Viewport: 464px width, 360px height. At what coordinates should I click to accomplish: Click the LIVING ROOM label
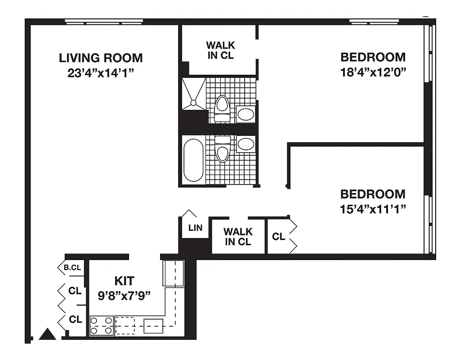point(101,58)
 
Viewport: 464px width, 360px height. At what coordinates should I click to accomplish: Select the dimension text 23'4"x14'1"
point(101,73)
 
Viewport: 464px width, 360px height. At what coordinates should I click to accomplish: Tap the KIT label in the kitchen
point(124,281)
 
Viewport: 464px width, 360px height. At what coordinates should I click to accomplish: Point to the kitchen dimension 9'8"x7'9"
point(124,296)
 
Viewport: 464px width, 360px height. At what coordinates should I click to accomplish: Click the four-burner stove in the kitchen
point(101,326)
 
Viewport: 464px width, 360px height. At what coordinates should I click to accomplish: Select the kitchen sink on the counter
point(153,325)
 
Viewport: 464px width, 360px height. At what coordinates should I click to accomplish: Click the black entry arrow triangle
point(47,334)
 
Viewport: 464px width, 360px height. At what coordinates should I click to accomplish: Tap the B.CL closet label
point(72,267)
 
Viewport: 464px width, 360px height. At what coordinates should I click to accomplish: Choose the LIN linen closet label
point(195,228)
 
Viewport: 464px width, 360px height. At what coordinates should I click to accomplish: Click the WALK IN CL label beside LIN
point(238,237)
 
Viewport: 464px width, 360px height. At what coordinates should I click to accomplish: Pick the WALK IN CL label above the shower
point(220,50)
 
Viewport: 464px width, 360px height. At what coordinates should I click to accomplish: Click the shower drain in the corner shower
point(193,103)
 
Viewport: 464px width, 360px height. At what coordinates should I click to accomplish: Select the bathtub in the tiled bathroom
point(193,160)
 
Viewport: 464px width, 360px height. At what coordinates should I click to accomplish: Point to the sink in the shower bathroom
point(245,114)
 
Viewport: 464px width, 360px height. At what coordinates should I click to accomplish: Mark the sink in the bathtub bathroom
point(245,144)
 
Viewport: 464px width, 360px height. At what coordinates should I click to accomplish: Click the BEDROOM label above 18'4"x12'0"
point(373,57)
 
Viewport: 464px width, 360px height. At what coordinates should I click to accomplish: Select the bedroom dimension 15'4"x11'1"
point(373,209)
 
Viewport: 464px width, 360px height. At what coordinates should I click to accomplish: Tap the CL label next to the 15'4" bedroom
point(278,236)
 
